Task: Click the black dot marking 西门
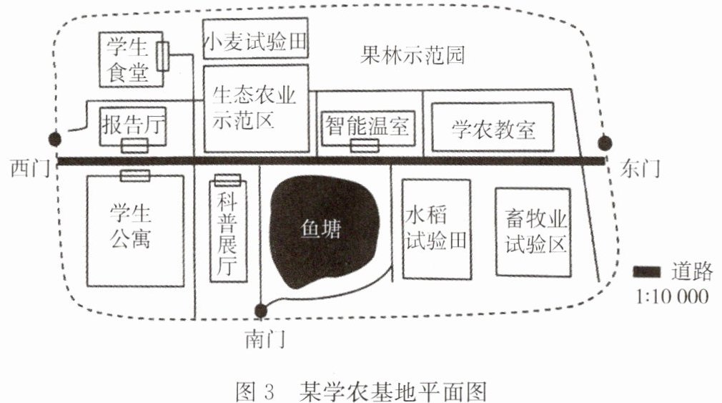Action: click(55, 139)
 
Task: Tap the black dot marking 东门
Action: click(605, 143)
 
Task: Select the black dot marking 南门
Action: click(261, 311)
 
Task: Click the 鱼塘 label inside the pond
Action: click(320, 229)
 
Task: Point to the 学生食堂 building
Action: click(132, 59)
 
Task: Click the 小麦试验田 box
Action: click(255, 38)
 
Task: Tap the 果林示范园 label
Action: click(412, 55)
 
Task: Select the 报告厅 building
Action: click(133, 126)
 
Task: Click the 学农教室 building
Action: click(493, 127)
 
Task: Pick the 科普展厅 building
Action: click(228, 230)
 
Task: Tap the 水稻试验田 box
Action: click(437, 229)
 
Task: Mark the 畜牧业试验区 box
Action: click(533, 232)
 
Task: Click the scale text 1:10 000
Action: click(672, 296)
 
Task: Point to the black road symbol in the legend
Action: click(646, 272)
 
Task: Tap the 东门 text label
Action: click(640, 168)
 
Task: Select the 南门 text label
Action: click(266, 340)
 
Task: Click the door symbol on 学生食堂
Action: click(162, 57)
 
